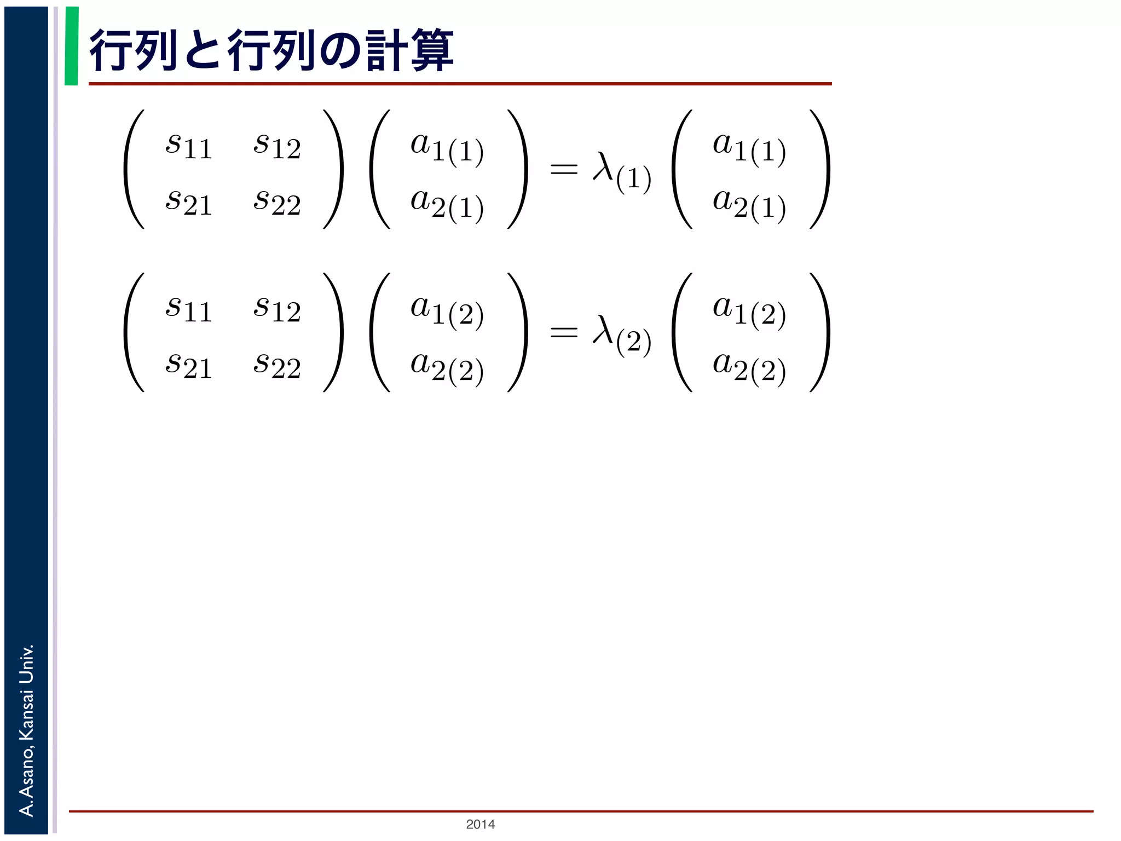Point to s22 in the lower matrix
pos(277,365)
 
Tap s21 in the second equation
pos(188,365)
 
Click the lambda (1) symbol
pos(622,171)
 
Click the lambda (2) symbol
pos(622,334)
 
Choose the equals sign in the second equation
pos(564,331)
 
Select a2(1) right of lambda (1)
pos(749,205)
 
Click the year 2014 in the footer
pos(480,824)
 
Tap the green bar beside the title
pos(71,46)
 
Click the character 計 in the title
pos(384,51)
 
